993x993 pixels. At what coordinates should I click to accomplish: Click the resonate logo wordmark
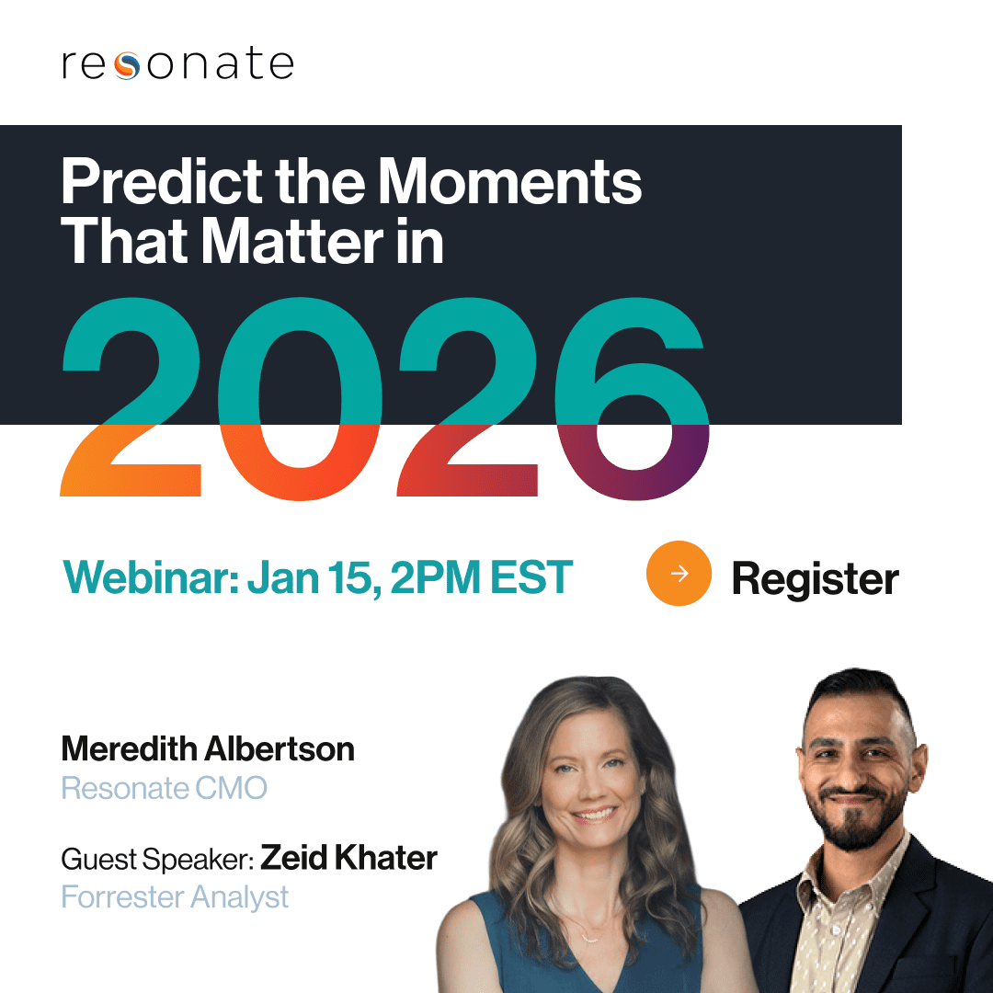coord(178,63)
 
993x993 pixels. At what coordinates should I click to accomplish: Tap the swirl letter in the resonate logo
coord(127,65)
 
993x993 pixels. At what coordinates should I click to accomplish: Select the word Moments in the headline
coord(509,182)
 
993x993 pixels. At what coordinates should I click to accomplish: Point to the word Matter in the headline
coord(292,241)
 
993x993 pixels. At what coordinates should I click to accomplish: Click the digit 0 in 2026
coord(300,398)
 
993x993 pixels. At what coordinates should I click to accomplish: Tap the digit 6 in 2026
coord(632,398)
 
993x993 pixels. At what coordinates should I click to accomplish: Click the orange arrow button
coord(679,573)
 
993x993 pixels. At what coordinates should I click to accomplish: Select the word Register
coord(815,578)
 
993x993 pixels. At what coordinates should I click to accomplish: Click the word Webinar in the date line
coord(151,576)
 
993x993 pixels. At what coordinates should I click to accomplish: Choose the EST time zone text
coord(531,576)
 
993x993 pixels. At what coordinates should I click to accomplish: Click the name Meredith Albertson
coord(208,748)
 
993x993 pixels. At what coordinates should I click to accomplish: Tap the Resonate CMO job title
coord(165,789)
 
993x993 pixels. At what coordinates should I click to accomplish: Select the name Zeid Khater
coord(349,858)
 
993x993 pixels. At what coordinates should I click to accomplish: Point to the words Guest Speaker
coord(158,860)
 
